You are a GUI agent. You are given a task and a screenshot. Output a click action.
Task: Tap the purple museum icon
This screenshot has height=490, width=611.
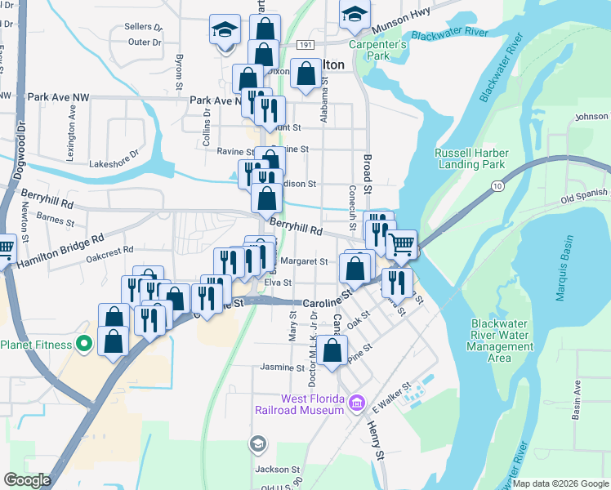pyautogui.click(x=356, y=403)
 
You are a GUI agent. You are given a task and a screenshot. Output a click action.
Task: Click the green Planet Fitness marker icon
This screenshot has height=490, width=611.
pyautogui.click(x=83, y=345)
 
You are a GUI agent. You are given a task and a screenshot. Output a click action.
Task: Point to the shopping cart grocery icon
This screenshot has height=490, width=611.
pyautogui.click(x=400, y=243)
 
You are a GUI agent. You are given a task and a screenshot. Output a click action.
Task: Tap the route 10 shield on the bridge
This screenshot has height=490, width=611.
pyautogui.click(x=497, y=187)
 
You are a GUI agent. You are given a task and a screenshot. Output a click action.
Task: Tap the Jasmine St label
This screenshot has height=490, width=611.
pyautogui.click(x=282, y=367)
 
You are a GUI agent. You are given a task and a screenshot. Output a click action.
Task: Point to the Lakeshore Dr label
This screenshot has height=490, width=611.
pyautogui.click(x=114, y=153)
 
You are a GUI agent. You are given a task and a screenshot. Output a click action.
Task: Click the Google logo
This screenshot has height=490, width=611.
pyautogui.click(x=27, y=479)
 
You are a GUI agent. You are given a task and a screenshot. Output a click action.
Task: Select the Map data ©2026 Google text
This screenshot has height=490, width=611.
pyautogui.click(x=560, y=483)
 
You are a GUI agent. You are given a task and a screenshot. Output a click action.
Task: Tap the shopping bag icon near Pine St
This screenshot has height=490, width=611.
pyautogui.click(x=332, y=351)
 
